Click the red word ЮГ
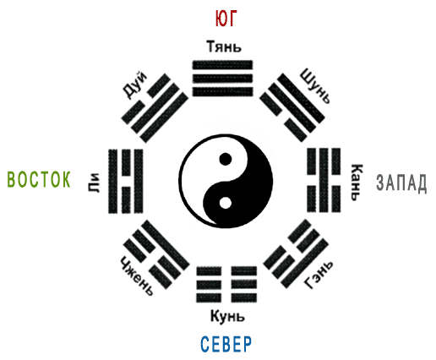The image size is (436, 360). click(x=226, y=19)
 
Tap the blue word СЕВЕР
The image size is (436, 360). click(x=226, y=344)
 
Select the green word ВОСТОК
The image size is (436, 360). click(x=39, y=179)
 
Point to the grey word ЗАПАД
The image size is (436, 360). click(x=401, y=183)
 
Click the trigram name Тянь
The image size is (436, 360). click(x=224, y=46)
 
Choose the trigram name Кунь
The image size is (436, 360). click(x=227, y=316)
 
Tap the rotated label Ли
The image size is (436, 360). click(x=94, y=183)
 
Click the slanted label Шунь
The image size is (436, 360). click(x=315, y=86)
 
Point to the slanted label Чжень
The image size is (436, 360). click(x=137, y=275)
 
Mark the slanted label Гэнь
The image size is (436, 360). click(x=319, y=275)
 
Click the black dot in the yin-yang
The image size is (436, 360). click(x=226, y=159)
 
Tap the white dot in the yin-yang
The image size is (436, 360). click(x=226, y=203)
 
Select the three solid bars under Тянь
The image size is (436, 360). click(x=222, y=79)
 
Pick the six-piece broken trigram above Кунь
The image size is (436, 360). click(x=226, y=284)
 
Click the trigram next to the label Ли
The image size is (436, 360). click(x=126, y=181)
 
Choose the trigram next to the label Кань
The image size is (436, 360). click(x=324, y=180)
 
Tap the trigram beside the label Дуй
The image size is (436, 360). click(x=155, y=108)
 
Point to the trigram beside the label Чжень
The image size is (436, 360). click(x=156, y=254)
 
